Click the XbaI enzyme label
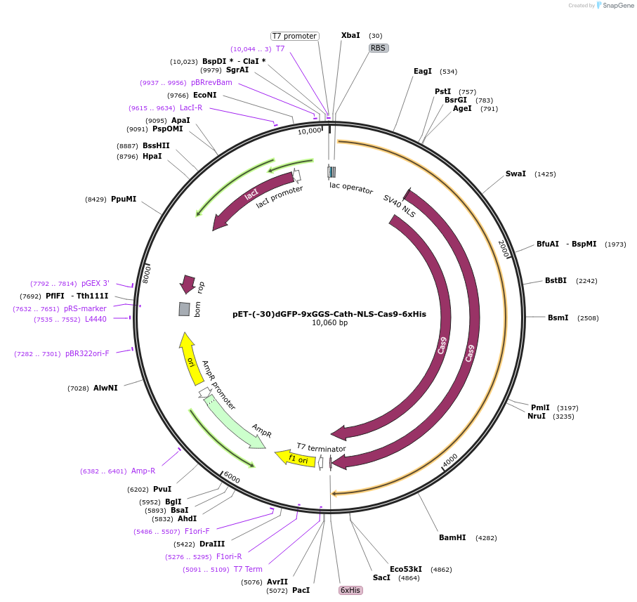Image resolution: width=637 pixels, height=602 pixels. pyautogui.click(x=350, y=35)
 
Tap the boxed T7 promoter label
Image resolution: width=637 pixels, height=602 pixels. pyautogui.click(x=294, y=36)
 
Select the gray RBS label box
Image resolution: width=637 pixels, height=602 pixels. pyautogui.click(x=379, y=48)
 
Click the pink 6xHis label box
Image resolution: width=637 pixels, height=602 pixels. pyautogui.click(x=350, y=590)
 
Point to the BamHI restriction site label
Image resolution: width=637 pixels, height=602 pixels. pyautogui.click(x=452, y=537)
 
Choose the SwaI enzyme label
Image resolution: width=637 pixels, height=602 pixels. pyautogui.click(x=515, y=174)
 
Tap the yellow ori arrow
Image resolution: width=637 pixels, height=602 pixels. pyautogui.click(x=189, y=358)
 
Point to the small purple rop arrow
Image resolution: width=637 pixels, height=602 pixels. pyautogui.click(x=188, y=284)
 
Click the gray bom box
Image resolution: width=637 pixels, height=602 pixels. pyautogui.click(x=184, y=309)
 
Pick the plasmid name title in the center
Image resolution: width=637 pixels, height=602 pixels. pyautogui.click(x=329, y=314)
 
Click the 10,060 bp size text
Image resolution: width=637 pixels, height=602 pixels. pyautogui.click(x=329, y=323)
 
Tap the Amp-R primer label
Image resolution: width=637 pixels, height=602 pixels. pyautogui.click(x=143, y=471)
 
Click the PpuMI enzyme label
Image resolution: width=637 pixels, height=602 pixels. pyautogui.click(x=124, y=199)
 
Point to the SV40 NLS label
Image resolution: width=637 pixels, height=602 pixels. pyautogui.click(x=399, y=207)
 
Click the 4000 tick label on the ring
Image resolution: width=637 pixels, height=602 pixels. pyautogui.click(x=449, y=460)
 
